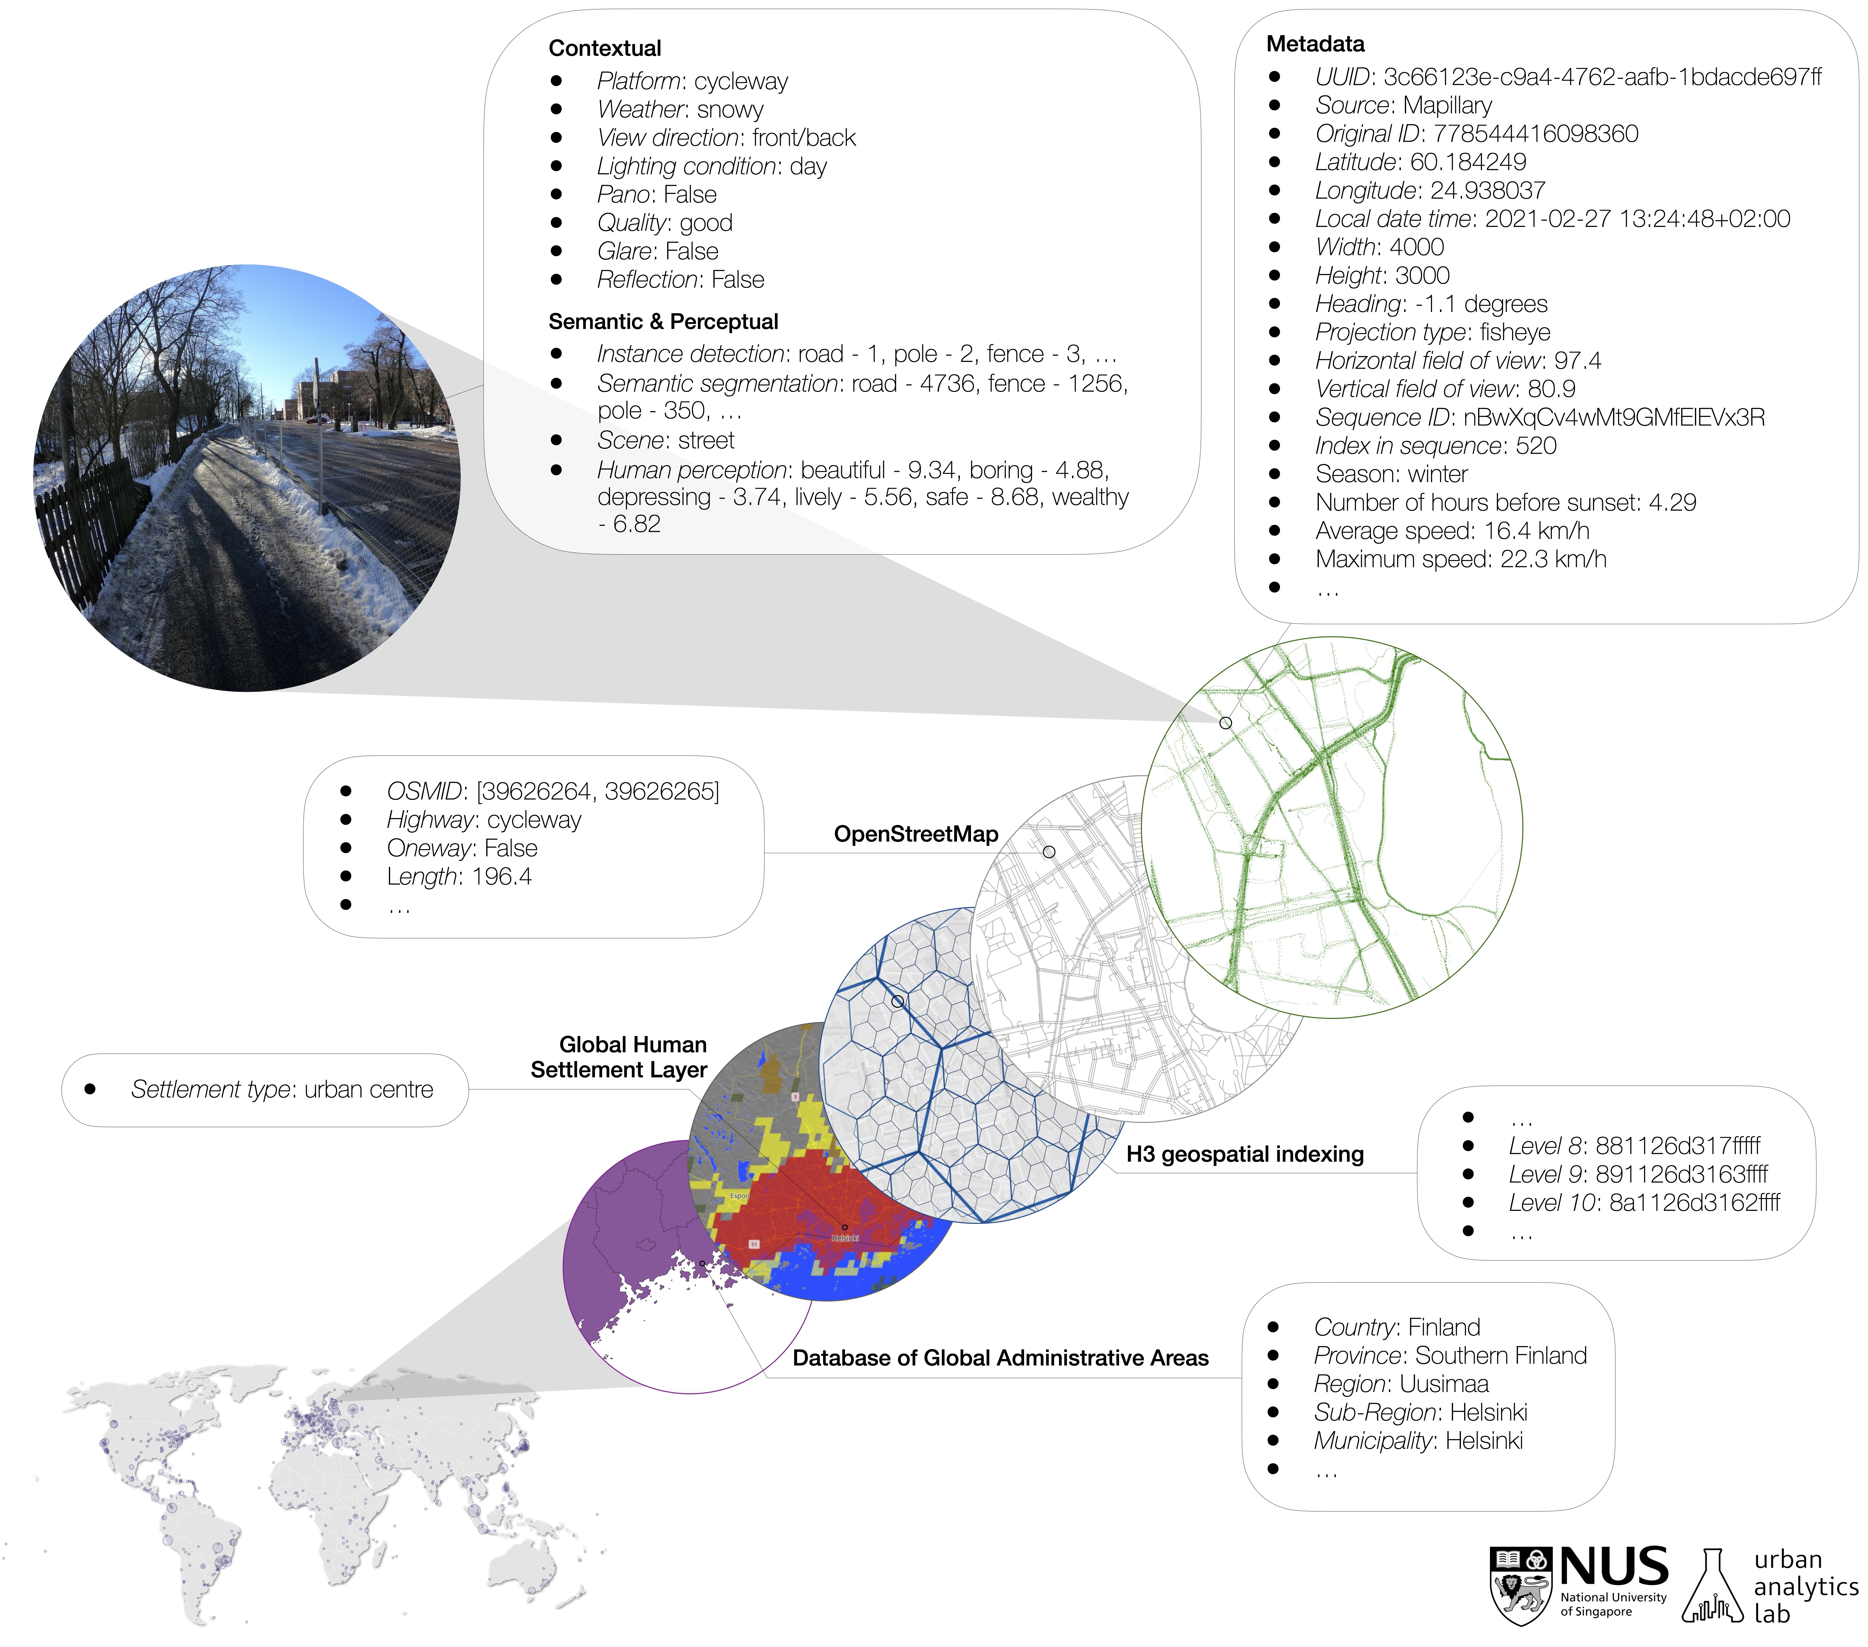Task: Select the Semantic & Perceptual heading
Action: [x=662, y=322]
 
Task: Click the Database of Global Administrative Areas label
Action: [x=1000, y=1358]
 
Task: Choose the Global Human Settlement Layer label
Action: [x=620, y=1057]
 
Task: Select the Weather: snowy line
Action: [x=680, y=110]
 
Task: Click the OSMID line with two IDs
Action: [x=553, y=791]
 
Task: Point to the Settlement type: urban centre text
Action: [x=281, y=1089]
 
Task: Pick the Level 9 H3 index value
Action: [x=1682, y=1174]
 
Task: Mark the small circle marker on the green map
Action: [x=1225, y=723]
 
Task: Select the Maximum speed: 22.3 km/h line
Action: [x=1460, y=559]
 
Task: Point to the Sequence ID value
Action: [x=1613, y=418]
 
